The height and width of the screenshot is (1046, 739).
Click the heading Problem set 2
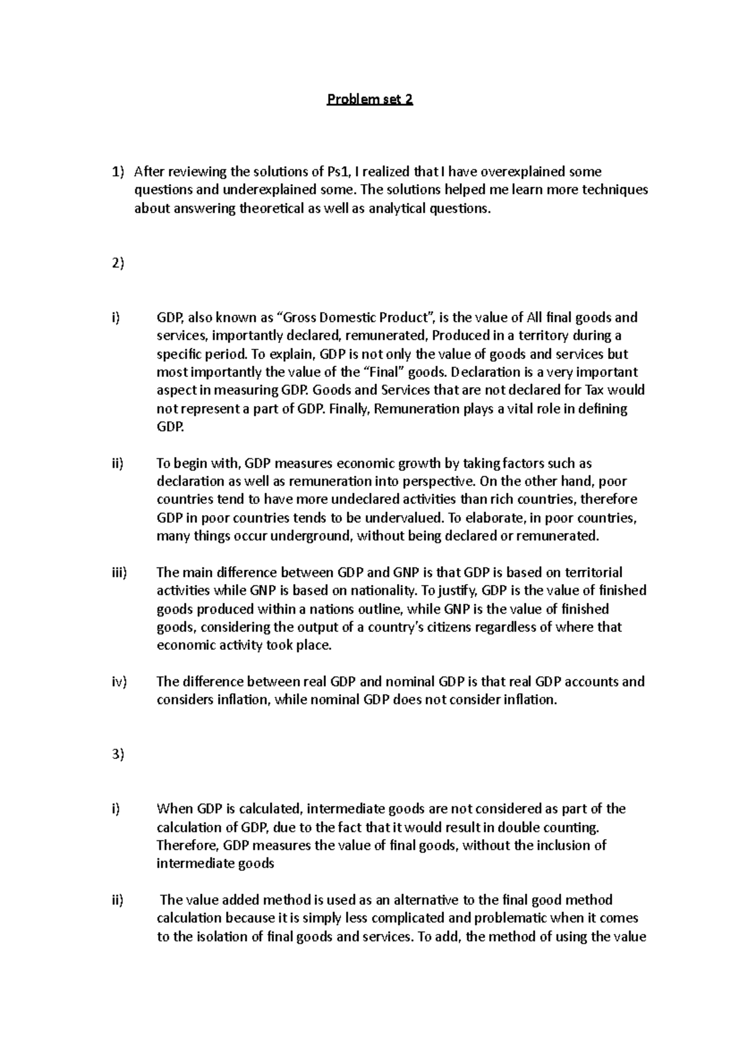pyautogui.click(x=369, y=99)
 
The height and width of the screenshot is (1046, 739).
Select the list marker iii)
pyautogui.click(x=119, y=572)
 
